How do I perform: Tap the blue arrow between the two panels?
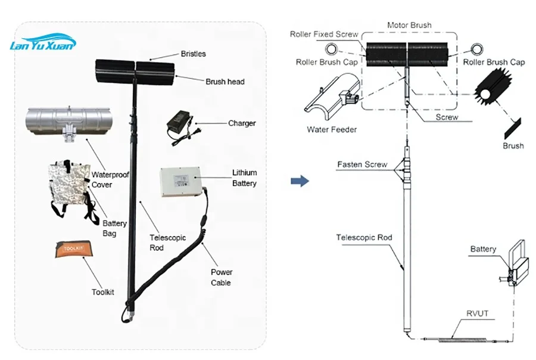pyautogui.click(x=303, y=181)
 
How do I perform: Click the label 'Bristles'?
pyautogui.click(x=194, y=54)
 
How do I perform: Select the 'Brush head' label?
pyautogui.click(x=225, y=82)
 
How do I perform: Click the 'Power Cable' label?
pyautogui.click(x=222, y=277)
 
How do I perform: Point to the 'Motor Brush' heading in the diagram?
pyautogui.click(x=409, y=26)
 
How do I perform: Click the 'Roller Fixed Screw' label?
pyautogui.click(x=324, y=34)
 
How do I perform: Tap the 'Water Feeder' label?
pyautogui.click(x=332, y=129)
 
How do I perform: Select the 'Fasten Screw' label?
pyautogui.click(x=362, y=164)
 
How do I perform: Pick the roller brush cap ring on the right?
pyautogui.click(x=476, y=48)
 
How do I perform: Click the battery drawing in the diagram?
pyautogui.click(x=513, y=262)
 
